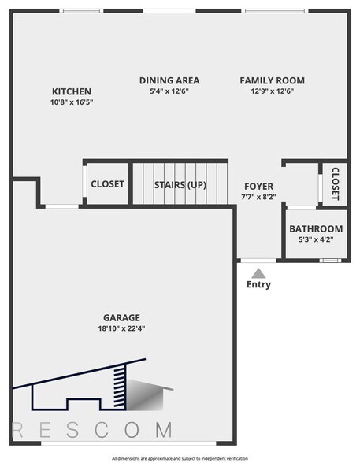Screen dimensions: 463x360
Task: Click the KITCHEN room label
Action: (71, 91)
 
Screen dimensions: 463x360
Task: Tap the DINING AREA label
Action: (169, 80)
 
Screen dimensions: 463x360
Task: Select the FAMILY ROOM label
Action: (272, 80)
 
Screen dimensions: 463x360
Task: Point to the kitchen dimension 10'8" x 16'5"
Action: (71, 102)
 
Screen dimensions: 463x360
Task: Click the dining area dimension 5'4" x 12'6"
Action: (169, 91)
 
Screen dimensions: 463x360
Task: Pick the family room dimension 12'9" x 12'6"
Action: (272, 91)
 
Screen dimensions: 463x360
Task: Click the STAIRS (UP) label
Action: (180, 185)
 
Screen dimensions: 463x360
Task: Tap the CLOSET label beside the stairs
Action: (107, 184)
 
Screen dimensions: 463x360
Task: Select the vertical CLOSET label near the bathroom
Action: (334, 183)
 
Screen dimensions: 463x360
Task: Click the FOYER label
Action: (258, 187)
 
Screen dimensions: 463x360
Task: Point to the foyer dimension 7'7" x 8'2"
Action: (258, 198)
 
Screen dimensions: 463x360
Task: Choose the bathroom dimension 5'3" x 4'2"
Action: (315, 239)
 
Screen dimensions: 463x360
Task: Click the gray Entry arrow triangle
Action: (258, 272)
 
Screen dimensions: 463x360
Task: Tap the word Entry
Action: (258, 285)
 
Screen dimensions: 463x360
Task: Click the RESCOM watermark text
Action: (93, 430)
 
